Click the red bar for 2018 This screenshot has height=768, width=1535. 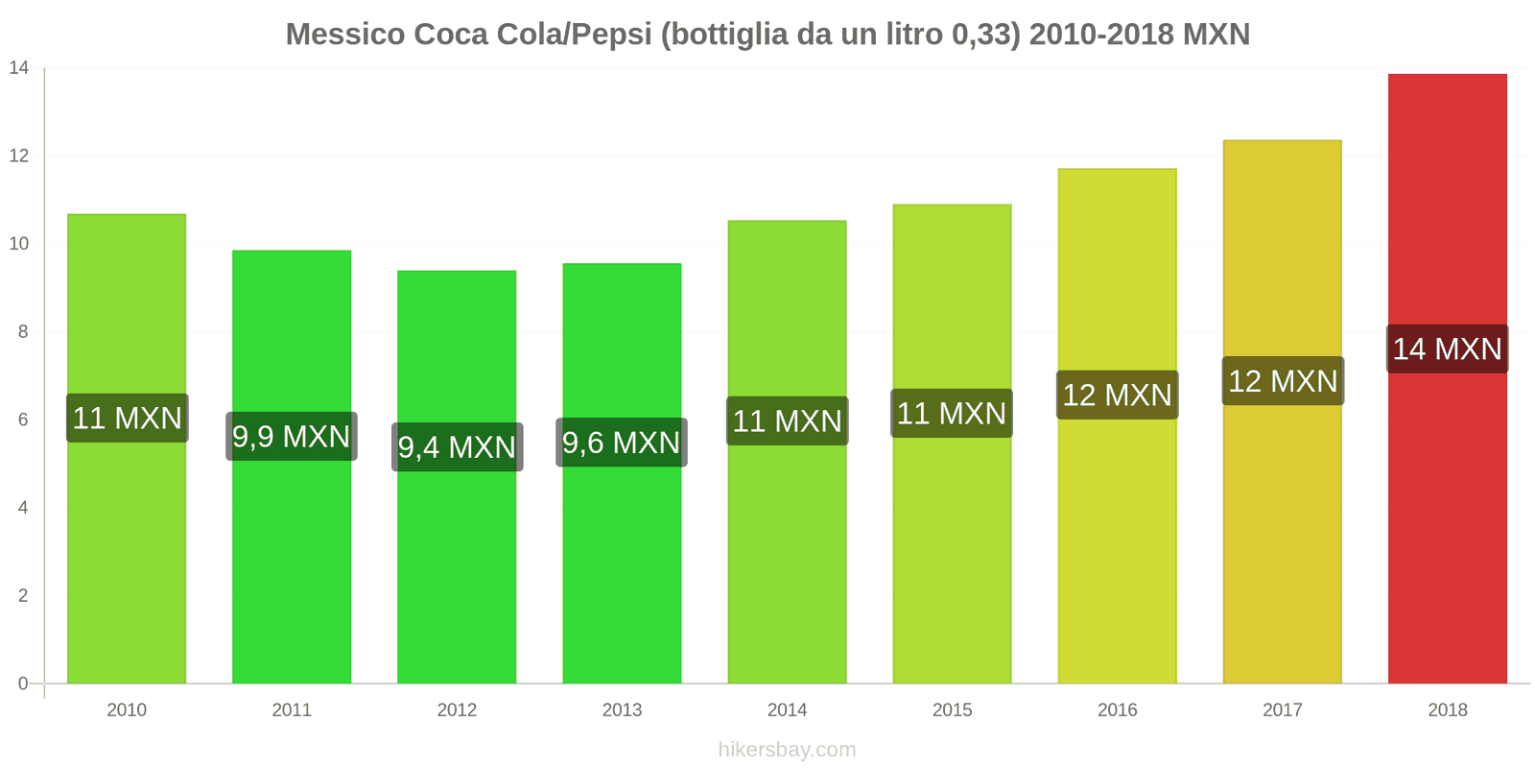point(1447,528)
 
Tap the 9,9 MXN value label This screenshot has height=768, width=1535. point(292,437)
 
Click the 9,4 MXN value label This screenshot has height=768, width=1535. point(457,447)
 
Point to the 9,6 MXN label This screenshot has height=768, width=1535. point(622,443)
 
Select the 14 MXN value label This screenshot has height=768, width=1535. point(1447,349)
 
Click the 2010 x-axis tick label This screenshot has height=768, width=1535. point(127,710)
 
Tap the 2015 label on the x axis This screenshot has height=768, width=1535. point(952,710)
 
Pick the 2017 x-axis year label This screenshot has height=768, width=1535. point(1282,710)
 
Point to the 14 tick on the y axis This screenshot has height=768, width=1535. point(19,68)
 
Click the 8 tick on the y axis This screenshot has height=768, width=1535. point(23,332)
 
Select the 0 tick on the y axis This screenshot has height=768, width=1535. point(23,684)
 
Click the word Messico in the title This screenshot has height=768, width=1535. point(345,35)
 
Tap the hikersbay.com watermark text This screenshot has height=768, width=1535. point(787,750)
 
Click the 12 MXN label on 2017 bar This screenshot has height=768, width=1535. point(1283,381)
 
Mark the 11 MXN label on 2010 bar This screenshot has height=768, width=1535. point(127,419)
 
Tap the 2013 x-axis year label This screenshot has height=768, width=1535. point(622,710)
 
